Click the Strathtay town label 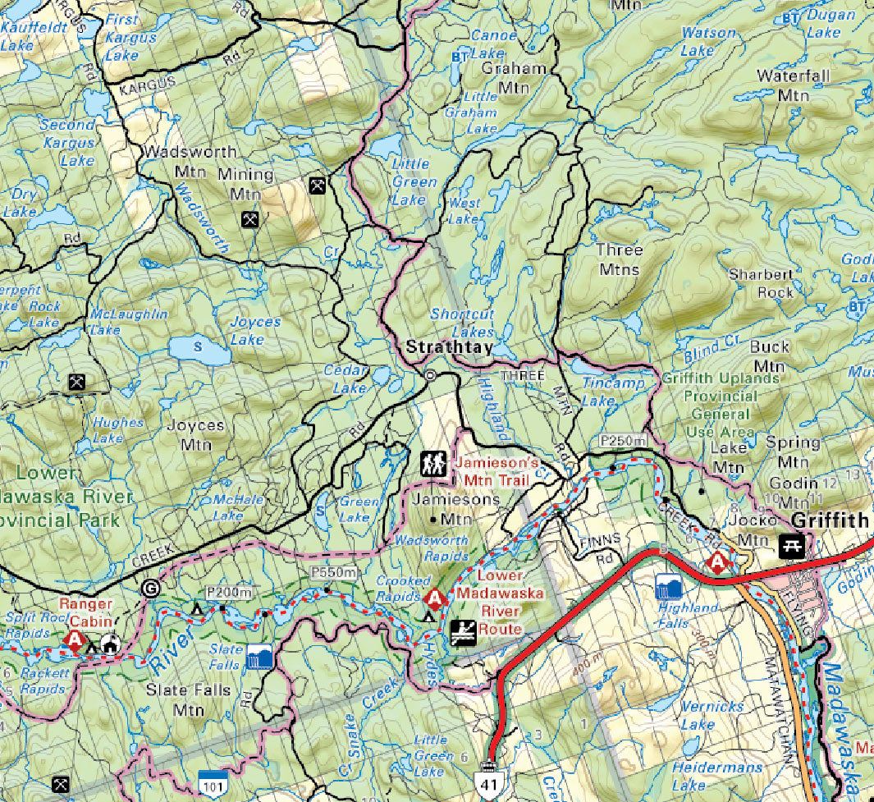(x=450, y=348)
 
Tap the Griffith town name (x=830, y=520)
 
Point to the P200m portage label (x=231, y=593)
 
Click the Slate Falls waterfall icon (x=261, y=657)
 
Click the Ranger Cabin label (x=90, y=612)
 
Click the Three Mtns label (x=620, y=259)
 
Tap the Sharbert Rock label (x=761, y=283)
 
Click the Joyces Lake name (x=254, y=330)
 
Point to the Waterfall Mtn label (x=782, y=85)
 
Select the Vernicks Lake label (x=712, y=714)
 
